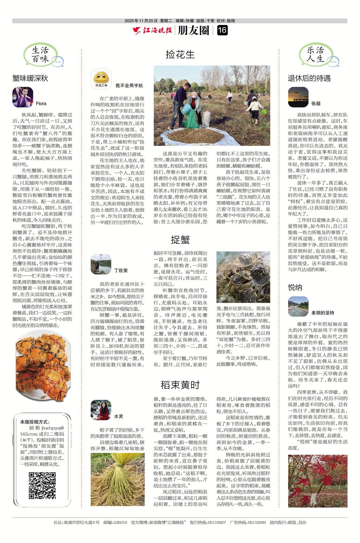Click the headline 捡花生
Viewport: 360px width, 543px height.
180,54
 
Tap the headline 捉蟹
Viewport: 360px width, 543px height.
180,240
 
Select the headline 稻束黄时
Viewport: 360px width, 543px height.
180,385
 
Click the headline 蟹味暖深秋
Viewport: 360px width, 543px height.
30,78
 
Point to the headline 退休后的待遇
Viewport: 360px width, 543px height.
309,78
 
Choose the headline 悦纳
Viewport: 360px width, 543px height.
295,287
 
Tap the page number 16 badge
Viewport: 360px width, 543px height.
222,31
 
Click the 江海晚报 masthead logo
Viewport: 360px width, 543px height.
152,31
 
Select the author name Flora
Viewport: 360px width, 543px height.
41,104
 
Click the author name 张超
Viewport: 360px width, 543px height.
316,103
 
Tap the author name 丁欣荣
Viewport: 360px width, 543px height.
121,270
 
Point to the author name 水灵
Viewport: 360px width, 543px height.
118,416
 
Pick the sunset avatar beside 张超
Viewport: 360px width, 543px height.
298,97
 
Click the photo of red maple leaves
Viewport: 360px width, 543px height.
318,481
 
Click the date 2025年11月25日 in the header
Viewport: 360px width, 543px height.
141,21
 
